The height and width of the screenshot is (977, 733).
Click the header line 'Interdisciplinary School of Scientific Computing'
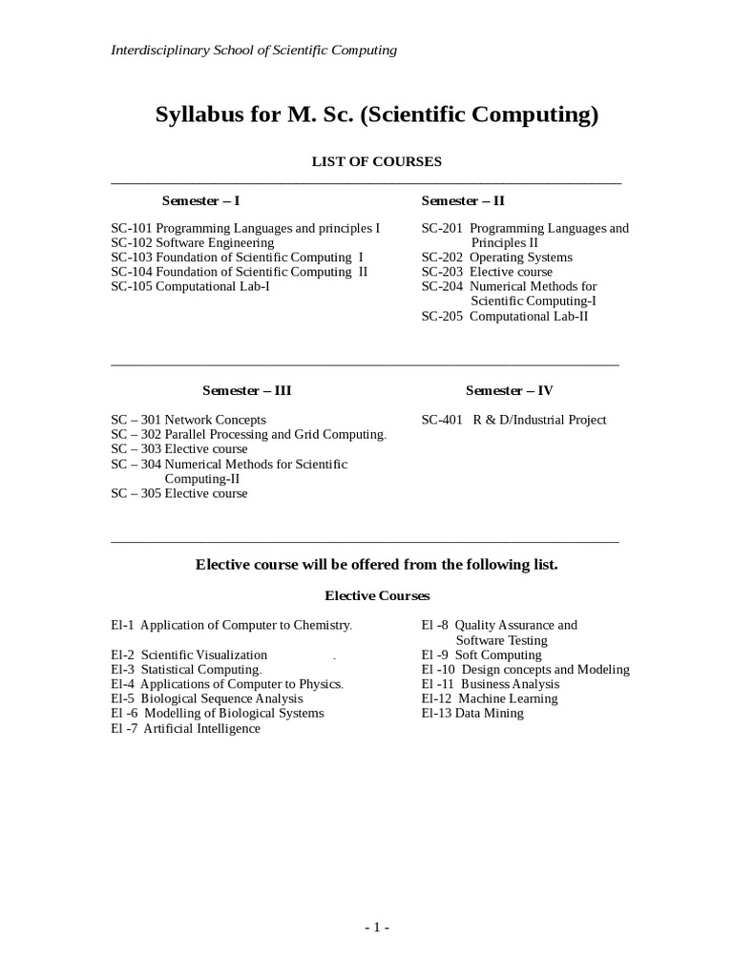tap(254, 50)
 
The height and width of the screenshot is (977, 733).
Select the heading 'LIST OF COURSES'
tap(377, 161)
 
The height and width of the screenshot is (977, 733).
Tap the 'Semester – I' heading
tap(201, 200)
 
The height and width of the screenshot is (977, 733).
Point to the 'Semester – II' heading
tap(463, 200)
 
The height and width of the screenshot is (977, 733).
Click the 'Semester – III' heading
tap(246, 390)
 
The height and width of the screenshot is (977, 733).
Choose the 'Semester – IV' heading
tap(509, 390)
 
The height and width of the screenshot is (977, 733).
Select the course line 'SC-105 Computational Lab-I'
tap(190, 286)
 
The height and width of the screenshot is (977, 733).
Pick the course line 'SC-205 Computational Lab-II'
tap(505, 316)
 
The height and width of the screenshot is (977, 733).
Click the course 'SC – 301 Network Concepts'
tap(189, 420)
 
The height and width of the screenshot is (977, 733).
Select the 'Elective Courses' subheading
tap(377, 595)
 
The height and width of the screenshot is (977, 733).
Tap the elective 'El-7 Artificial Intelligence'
tap(185, 728)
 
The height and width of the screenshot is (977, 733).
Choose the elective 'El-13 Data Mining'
tap(472, 713)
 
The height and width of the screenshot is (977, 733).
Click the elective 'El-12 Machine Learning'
tap(490, 698)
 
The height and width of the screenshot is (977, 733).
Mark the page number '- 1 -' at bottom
tap(377, 927)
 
